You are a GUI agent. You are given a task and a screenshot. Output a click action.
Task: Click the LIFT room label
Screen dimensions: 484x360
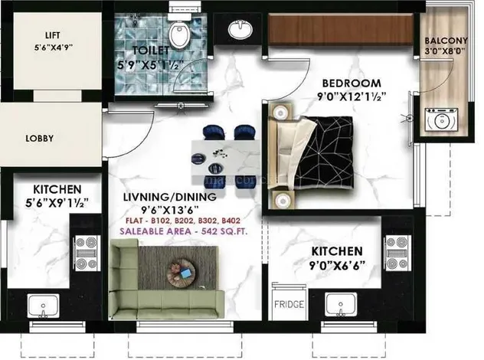click(x=53, y=35)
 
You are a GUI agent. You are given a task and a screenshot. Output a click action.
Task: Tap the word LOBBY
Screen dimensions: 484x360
click(x=40, y=139)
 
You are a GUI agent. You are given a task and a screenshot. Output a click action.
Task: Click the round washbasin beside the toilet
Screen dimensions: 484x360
click(x=240, y=29)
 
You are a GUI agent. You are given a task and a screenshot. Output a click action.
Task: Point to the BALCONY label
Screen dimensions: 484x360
click(x=446, y=41)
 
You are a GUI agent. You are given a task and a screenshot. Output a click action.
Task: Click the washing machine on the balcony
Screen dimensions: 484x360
click(x=441, y=119)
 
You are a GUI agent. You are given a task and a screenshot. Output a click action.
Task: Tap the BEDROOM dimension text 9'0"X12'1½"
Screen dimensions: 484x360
click(x=352, y=97)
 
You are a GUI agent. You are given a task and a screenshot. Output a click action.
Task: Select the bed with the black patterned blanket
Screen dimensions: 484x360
click(x=311, y=153)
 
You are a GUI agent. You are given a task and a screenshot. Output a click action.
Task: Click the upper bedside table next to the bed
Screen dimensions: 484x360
click(x=280, y=113)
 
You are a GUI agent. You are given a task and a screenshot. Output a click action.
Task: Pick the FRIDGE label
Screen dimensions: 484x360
click(x=289, y=304)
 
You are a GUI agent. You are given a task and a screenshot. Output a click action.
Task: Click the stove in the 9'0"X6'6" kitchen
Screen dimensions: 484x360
click(x=397, y=254)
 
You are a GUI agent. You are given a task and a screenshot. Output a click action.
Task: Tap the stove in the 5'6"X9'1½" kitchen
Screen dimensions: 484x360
click(x=87, y=254)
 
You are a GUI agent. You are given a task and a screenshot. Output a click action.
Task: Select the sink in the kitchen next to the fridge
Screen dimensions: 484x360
click(x=341, y=305)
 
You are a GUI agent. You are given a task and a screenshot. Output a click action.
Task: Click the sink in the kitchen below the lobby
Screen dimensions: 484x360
click(x=43, y=306)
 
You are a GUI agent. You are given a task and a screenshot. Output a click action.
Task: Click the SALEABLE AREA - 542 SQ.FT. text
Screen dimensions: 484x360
click(x=184, y=231)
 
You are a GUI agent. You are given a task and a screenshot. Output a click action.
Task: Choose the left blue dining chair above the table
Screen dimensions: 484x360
click(x=214, y=133)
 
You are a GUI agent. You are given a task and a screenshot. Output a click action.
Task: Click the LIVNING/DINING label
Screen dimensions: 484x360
click(x=170, y=197)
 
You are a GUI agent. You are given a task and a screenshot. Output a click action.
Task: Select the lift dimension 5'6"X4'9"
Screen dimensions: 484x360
click(x=54, y=47)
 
